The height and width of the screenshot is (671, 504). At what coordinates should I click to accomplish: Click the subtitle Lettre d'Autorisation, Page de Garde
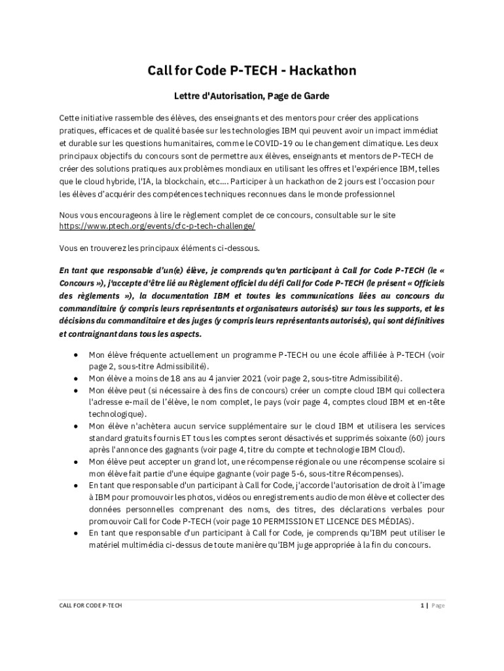tap(251, 96)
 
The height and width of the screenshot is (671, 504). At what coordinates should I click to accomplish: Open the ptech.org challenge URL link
tap(157, 226)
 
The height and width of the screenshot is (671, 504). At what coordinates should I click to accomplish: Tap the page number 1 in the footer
tap(422, 605)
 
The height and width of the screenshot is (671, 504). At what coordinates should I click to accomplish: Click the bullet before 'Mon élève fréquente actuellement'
tap(76, 355)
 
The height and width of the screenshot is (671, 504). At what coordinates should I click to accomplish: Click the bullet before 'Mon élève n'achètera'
tap(76, 426)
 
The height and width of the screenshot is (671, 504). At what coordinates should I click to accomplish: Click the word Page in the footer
tap(438, 605)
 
